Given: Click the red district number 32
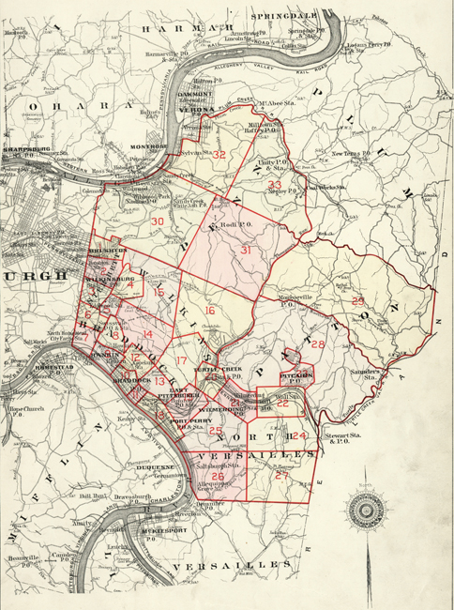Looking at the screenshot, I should click(x=219, y=155).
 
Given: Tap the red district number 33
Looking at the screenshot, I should click(x=275, y=185).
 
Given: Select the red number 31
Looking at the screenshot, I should click(x=246, y=251).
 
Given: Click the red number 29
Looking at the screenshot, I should click(x=357, y=300).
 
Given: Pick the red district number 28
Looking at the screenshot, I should click(x=317, y=344).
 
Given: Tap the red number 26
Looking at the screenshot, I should click(x=218, y=477).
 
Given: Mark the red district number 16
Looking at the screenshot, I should click(x=210, y=311).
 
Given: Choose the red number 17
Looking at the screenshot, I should click(x=180, y=360).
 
